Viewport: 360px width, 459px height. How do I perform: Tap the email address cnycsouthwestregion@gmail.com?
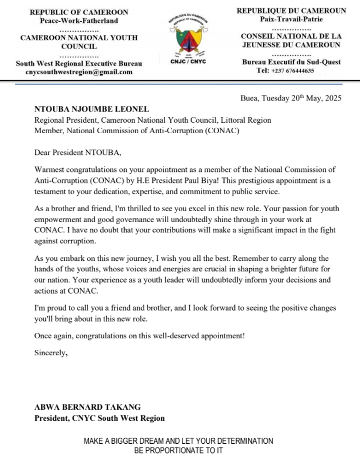[x=79, y=72]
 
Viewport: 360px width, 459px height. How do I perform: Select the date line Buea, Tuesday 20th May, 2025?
[x=291, y=98]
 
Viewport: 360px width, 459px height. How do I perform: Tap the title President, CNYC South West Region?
[x=99, y=419]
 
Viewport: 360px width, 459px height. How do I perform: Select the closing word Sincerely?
[x=51, y=353]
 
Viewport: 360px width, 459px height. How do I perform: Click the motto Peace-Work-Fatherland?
[x=79, y=21]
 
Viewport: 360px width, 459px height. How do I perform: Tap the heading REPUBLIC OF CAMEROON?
[x=79, y=12]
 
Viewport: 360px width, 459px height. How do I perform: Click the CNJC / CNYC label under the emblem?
[x=188, y=62]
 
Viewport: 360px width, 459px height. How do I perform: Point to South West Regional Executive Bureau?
[x=79, y=63]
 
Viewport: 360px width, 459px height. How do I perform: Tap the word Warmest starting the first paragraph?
[x=50, y=170]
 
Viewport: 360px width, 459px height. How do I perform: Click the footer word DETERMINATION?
[x=241, y=441]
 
